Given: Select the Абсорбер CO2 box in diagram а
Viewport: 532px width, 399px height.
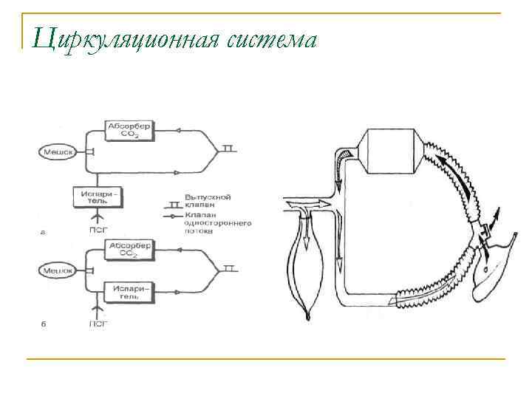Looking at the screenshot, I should pos(129,130).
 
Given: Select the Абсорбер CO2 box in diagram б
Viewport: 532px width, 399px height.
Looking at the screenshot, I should pos(129,249).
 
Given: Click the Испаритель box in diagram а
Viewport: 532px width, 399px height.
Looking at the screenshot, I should pos(97,197).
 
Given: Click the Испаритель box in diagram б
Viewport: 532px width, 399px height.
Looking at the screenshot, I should pos(129,291).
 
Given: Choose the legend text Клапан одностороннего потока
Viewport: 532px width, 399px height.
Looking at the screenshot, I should pos(218,222).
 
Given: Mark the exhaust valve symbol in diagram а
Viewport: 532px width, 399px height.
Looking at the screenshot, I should pos(230,149).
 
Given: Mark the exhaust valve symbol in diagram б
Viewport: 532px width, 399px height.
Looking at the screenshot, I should pos(230,268).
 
